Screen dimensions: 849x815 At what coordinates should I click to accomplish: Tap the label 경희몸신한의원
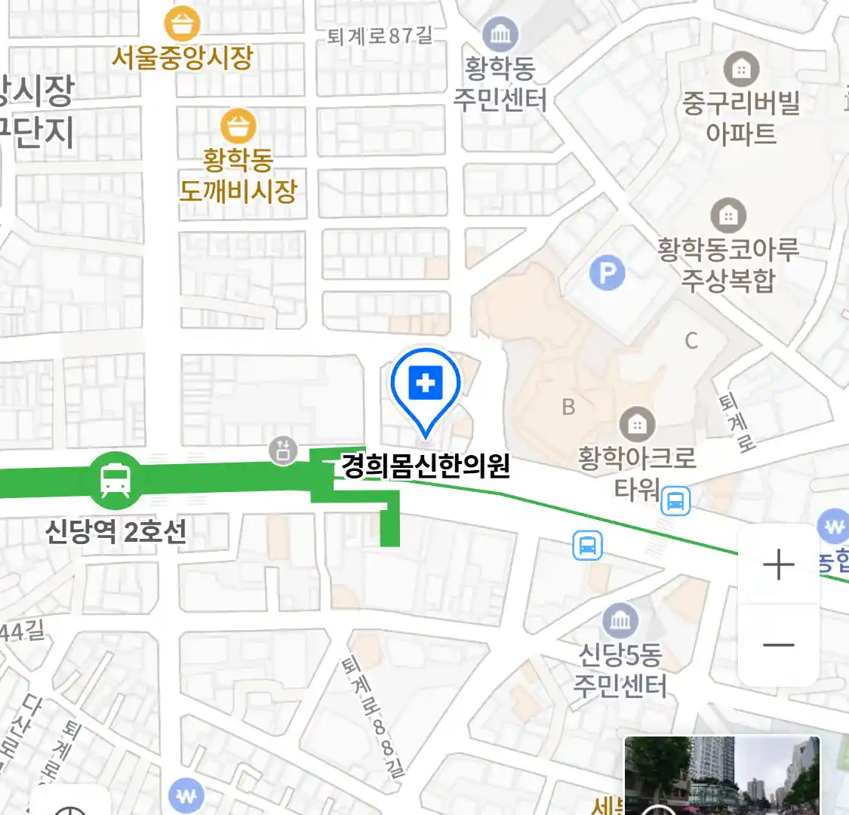tap(426, 466)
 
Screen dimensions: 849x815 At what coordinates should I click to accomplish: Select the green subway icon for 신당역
tap(115, 478)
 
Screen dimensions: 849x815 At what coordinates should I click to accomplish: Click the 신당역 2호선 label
tap(115, 532)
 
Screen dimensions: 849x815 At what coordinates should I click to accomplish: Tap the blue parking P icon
tap(607, 273)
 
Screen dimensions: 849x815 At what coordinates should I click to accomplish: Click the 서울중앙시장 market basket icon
tap(183, 24)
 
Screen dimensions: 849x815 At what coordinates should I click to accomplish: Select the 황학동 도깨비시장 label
tap(238, 175)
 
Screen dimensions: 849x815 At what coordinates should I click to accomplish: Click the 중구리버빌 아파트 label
tap(741, 118)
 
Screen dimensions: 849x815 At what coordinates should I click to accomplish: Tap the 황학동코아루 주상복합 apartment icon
tap(728, 216)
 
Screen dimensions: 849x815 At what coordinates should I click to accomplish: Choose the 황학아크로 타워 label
tap(637, 472)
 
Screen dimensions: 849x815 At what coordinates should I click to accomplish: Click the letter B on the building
tap(568, 407)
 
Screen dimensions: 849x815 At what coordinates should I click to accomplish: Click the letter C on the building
tap(691, 341)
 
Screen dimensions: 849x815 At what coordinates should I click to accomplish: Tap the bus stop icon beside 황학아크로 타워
tap(675, 500)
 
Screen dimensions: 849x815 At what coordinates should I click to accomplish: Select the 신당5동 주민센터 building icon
tap(620, 621)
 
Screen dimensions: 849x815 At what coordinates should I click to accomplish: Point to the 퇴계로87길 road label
tap(380, 35)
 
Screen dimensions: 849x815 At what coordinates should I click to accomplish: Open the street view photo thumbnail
tap(721, 776)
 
